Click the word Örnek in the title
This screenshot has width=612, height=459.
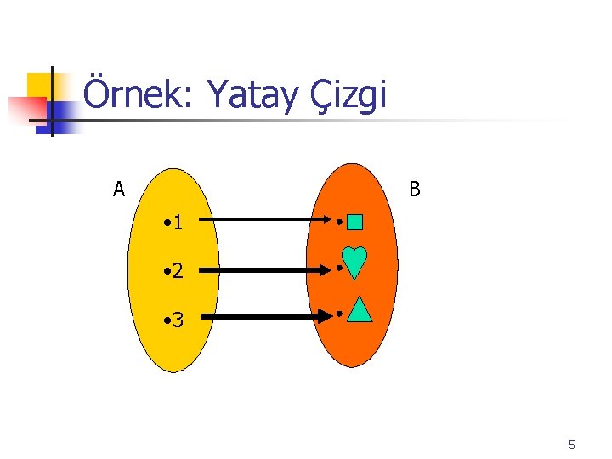140,95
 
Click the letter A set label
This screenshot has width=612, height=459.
119,189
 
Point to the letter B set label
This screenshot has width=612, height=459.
414,189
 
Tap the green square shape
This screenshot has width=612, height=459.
355,223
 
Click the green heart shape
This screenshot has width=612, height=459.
354,262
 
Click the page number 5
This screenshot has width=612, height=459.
572,445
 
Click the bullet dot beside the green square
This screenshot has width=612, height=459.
338,223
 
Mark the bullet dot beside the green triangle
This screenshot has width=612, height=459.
338,314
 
